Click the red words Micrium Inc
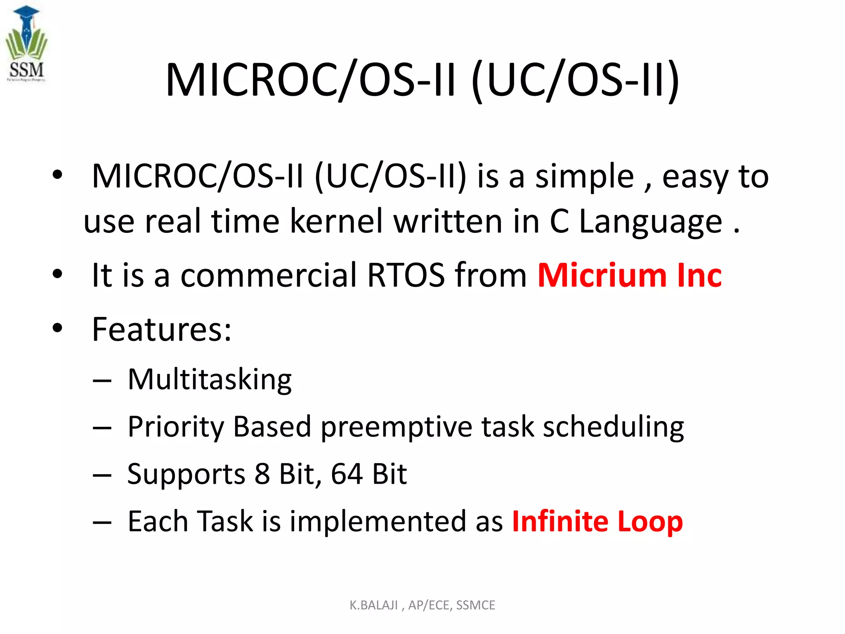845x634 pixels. click(630, 275)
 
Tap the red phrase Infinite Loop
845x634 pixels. click(597, 521)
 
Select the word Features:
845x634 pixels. click(161, 329)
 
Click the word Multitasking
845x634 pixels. click(210, 379)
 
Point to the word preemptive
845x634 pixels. click(396, 427)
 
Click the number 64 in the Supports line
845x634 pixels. click(347, 474)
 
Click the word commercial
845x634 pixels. click(269, 275)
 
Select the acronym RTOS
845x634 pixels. click(406, 275)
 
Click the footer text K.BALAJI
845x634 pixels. click(373, 605)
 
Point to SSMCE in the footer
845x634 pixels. click(475, 605)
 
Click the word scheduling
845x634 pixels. click(613, 427)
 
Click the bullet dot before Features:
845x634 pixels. click(57, 329)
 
